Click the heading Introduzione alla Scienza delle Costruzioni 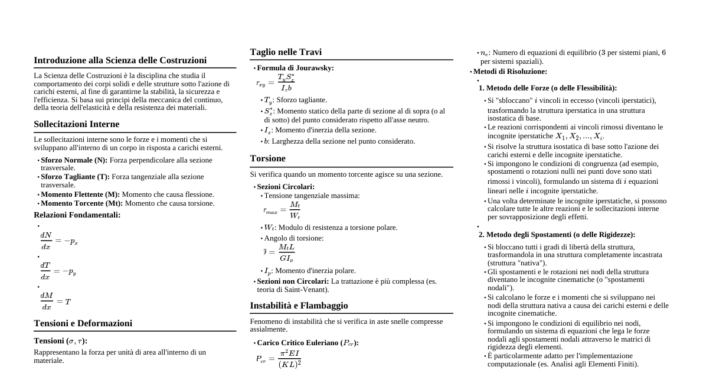120,60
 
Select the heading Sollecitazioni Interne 77,124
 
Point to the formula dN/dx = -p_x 59,241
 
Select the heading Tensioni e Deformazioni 83,323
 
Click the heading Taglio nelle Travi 286,52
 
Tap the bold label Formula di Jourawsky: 295,68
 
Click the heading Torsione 267,158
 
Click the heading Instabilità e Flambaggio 299,306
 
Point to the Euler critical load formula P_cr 278,358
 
